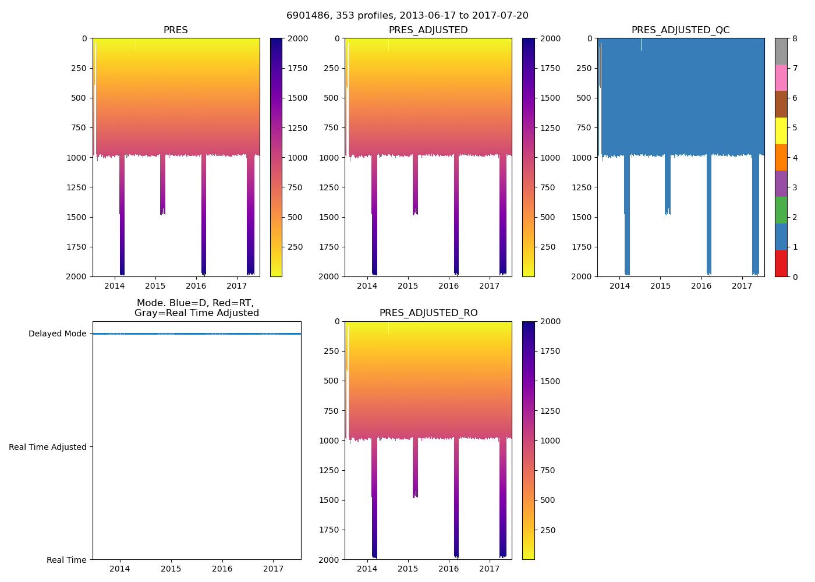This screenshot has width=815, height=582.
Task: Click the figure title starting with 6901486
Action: point(407,16)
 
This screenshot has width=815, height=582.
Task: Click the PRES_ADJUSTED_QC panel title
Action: point(681,30)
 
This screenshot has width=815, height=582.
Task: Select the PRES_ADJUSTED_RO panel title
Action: point(428,313)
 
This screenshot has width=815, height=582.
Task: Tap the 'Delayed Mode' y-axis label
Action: point(57,334)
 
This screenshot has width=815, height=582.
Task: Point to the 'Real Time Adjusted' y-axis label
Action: point(48,447)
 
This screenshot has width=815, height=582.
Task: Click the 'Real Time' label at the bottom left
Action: point(66,560)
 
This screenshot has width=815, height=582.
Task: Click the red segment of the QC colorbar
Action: point(781,264)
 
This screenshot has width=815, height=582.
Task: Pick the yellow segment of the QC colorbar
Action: point(781,131)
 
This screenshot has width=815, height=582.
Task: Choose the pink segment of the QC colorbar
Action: point(781,78)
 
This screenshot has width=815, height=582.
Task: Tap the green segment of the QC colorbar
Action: point(781,210)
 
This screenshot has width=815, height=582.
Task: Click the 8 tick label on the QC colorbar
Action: point(795,39)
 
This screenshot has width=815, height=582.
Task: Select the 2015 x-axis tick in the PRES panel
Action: point(155,286)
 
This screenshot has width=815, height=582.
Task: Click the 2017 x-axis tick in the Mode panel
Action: point(274,569)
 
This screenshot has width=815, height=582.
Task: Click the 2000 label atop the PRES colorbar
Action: point(298,39)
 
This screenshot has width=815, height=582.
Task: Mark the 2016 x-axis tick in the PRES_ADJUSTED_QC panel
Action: point(701,286)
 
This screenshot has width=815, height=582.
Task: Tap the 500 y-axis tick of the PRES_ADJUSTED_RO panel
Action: point(331,381)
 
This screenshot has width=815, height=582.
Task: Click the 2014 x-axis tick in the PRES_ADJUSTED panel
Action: point(367,286)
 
